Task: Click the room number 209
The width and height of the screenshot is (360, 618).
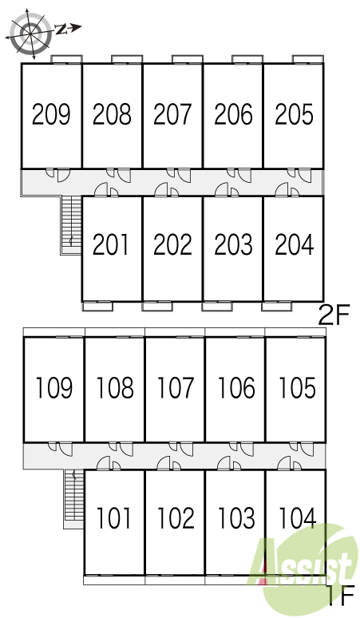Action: (51, 114)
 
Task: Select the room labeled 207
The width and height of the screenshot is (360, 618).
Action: (172, 114)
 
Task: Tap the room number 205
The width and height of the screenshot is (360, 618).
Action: (295, 114)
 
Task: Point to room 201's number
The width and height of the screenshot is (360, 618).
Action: (111, 244)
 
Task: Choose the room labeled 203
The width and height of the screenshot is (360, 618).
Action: (233, 244)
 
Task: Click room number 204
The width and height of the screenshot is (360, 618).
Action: (295, 244)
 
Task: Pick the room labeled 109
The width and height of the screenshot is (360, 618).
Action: (54, 387)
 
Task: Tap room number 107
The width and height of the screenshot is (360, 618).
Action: (176, 387)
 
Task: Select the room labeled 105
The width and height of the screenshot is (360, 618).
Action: (298, 387)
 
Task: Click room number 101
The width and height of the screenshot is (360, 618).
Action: (113, 518)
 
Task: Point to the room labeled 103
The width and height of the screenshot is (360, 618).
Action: (236, 518)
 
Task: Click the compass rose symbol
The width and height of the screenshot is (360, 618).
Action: (30, 31)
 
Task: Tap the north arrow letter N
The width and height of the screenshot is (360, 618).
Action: (60, 29)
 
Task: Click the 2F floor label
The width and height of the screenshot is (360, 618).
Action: (334, 315)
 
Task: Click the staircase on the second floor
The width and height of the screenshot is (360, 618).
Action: (71, 225)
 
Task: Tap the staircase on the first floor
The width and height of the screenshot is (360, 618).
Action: (74, 498)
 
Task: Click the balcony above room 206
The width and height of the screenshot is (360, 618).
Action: (247, 59)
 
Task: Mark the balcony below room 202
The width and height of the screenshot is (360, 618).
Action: (157, 307)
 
